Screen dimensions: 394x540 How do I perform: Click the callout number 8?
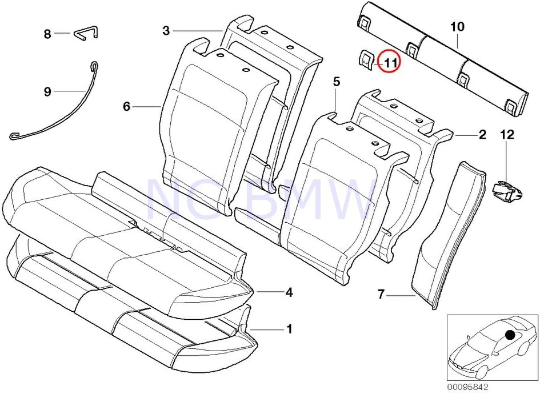click(x=48, y=34)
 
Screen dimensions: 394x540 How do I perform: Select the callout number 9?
click(x=48, y=91)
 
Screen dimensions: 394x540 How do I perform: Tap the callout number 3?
click(x=166, y=30)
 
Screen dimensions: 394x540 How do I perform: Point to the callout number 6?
click(x=127, y=106)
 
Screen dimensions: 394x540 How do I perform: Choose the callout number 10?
click(x=457, y=26)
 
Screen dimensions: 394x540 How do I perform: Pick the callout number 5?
click(x=337, y=82)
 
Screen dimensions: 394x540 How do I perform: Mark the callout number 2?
click(x=482, y=135)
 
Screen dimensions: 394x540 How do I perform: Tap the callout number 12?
click(x=507, y=135)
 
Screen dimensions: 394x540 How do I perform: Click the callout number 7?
click(x=381, y=295)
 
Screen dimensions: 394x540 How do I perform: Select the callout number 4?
click(x=289, y=292)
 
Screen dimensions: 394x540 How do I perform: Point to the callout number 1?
click(x=289, y=329)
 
